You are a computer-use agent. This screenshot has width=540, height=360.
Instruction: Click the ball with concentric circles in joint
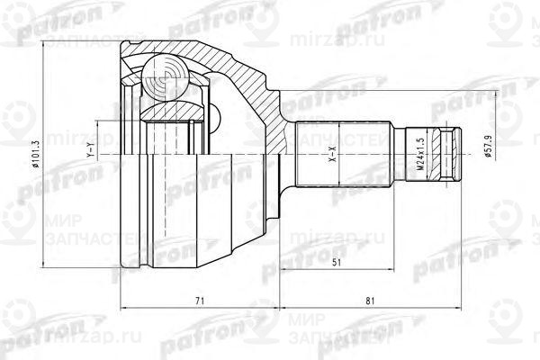[164, 80]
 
